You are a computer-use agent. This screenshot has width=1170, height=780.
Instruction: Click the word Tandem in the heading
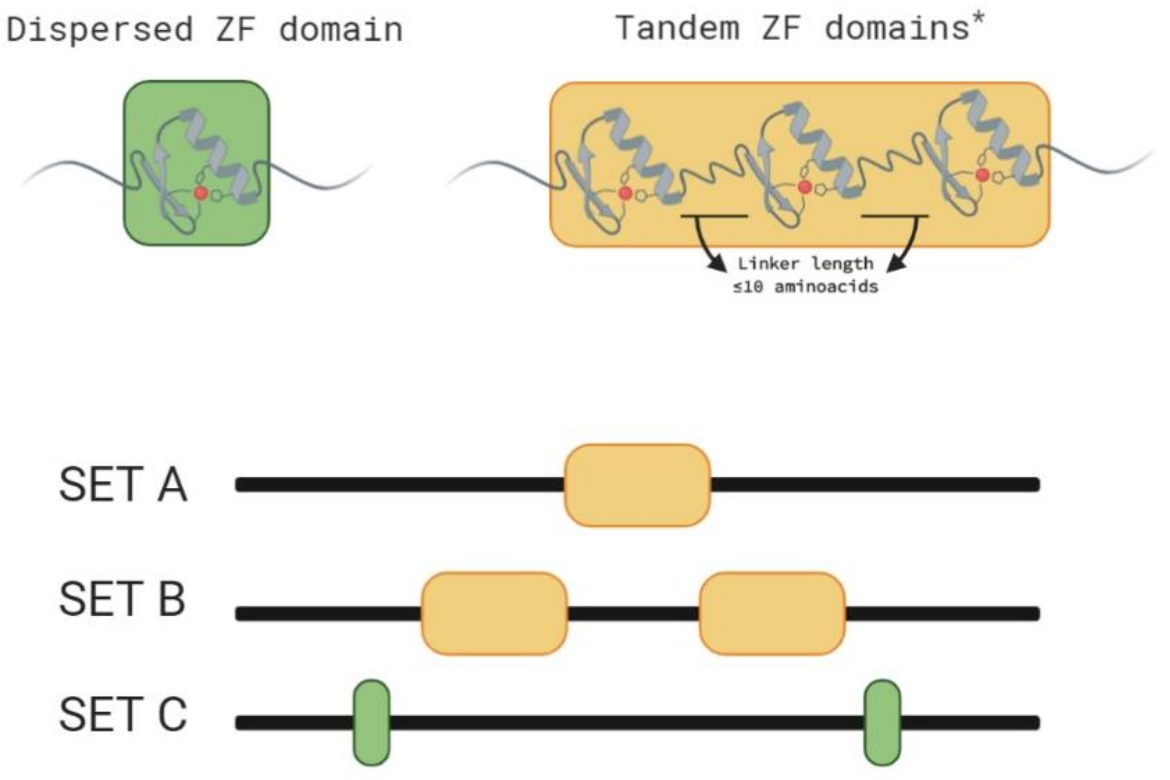pos(677,28)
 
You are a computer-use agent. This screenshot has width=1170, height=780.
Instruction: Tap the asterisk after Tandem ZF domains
pos(978,18)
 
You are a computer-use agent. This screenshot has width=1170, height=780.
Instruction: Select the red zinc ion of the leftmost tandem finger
pos(625,193)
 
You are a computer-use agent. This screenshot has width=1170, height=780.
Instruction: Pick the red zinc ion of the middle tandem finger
pos(804,187)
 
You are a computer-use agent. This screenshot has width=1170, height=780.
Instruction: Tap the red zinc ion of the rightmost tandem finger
pos(982,175)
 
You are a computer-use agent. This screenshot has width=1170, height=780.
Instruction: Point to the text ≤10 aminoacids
pos(805,287)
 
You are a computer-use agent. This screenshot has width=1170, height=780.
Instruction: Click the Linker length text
pos(805,264)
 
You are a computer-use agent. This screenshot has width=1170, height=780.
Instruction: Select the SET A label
pos(123,485)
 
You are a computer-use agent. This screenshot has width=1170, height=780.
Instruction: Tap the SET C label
pos(123,715)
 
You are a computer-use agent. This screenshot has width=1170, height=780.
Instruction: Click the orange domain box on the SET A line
pos(637,485)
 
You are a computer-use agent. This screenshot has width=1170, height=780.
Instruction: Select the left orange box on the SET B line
pos(494,613)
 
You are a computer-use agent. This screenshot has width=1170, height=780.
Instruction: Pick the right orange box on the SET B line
pos(772,613)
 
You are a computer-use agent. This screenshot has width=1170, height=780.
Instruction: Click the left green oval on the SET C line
pos(371,723)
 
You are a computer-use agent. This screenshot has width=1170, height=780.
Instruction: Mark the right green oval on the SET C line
pos(882,723)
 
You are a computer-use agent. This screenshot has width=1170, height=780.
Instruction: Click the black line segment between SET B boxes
pos(633,613)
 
